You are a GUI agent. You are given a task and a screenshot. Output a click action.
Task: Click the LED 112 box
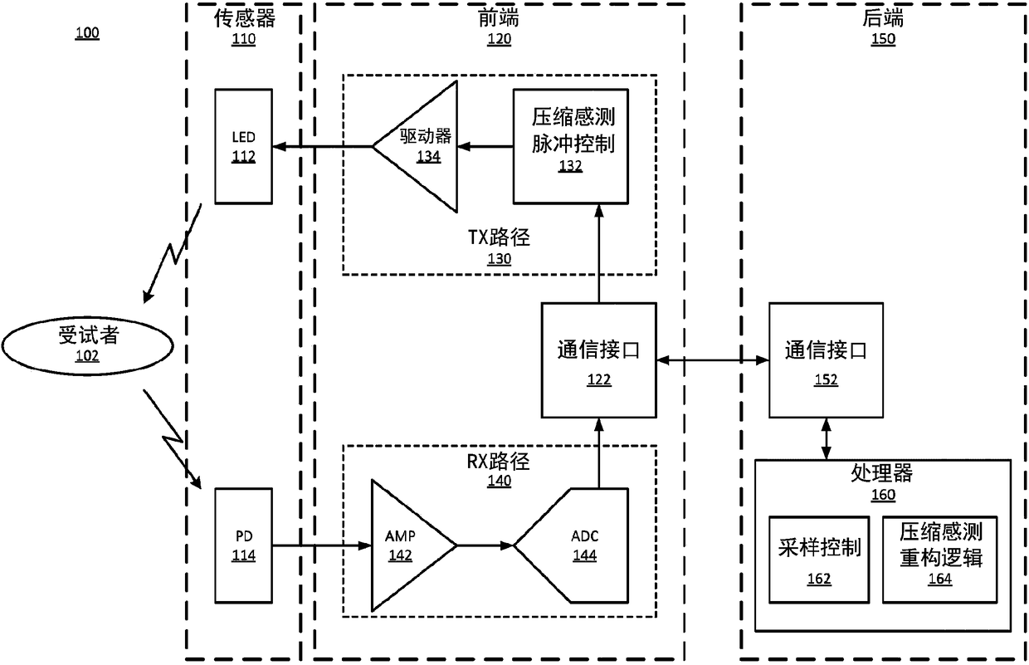click(243, 146)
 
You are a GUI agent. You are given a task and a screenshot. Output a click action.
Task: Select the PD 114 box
click(243, 545)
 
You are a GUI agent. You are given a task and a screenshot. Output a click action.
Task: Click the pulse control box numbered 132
click(571, 146)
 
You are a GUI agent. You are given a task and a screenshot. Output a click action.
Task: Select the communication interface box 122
click(598, 360)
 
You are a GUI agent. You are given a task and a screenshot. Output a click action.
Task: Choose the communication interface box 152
click(826, 360)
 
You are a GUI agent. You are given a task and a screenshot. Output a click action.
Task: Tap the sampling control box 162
click(819, 560)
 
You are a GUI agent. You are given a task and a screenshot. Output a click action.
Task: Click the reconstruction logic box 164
click(940, 560)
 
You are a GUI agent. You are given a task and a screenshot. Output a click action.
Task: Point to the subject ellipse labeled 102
click(87, 345)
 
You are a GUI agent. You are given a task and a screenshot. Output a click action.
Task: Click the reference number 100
click(87, 33)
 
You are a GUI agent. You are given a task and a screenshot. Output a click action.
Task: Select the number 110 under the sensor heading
click(243, 39)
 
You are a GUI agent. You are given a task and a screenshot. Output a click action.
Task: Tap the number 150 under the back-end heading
click(883, 39)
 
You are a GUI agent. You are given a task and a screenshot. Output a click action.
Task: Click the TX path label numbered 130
click(499, 247)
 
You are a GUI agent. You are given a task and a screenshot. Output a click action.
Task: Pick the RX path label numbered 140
click(499, 470)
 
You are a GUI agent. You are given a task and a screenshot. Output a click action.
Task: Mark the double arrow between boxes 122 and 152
click(713, 360)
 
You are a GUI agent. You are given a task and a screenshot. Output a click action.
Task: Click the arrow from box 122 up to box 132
click(598, 253)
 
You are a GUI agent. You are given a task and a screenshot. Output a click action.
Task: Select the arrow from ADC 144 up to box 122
click(598, 453)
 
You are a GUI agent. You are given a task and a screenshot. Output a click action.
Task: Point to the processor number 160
click(883, 495)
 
